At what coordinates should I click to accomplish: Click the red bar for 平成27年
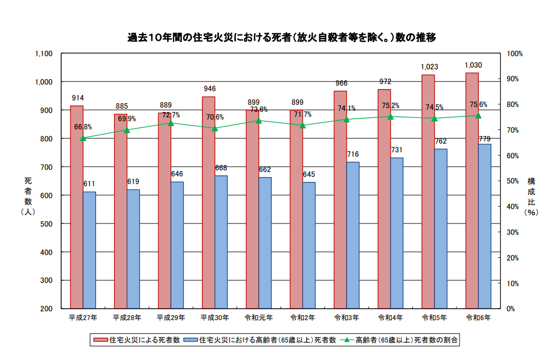[76, 208]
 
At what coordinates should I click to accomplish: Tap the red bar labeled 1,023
[428, 191]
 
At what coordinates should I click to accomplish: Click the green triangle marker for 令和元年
[259, 120]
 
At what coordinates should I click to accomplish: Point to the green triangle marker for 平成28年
[127, 130]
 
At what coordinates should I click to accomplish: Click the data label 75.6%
[478, 105]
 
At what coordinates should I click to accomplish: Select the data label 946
[209, 88]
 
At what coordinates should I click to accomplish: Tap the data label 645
[309, 174]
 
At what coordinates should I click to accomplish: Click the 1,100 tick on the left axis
[43, 54]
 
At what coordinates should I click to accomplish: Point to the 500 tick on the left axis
[46, 223]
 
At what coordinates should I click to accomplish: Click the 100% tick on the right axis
[515, 54]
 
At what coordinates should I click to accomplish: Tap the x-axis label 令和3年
[347, 317]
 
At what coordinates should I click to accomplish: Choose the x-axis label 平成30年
[215, 317]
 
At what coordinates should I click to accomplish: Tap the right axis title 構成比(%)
[531, 197]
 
